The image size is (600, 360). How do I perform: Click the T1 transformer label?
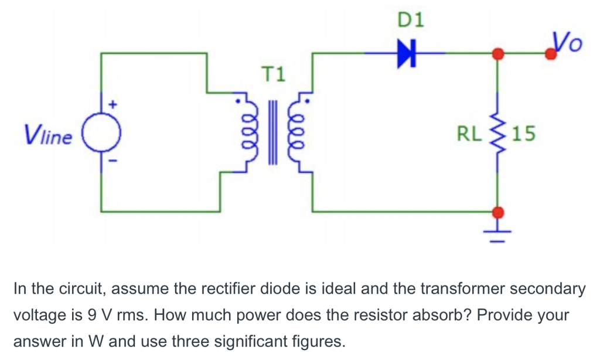[273, 74]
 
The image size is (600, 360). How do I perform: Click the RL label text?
[468, 135]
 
